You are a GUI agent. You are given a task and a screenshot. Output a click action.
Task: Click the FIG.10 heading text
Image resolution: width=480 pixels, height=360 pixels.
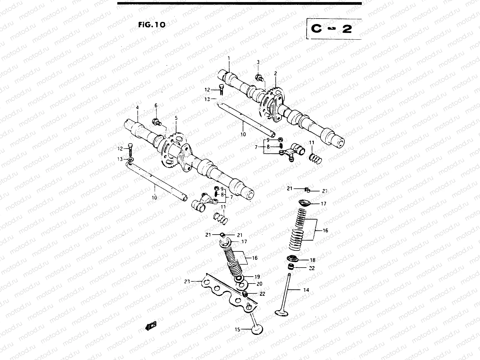tap(152, 25)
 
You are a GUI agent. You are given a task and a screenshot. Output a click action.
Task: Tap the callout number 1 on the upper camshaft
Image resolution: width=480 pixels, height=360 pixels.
tap(228, 58)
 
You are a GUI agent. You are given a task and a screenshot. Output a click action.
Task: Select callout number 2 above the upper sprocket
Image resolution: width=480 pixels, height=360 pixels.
tap(275, 73)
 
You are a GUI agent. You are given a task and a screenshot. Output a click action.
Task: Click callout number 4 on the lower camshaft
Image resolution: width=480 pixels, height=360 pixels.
tap(137, 107)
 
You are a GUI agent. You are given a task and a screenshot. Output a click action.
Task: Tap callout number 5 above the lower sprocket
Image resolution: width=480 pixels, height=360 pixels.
tap(176, 118)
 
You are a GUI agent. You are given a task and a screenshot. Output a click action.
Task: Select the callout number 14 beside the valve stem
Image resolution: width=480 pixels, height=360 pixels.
tap(306, 290)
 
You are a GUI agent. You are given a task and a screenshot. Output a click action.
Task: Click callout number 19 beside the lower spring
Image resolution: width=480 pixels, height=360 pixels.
tap(257, 277)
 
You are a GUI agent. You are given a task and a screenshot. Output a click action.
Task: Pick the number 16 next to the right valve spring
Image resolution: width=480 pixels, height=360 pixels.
tap(325, 231)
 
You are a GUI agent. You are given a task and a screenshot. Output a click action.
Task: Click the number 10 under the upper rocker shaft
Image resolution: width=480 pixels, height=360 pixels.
tap(243, 134)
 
